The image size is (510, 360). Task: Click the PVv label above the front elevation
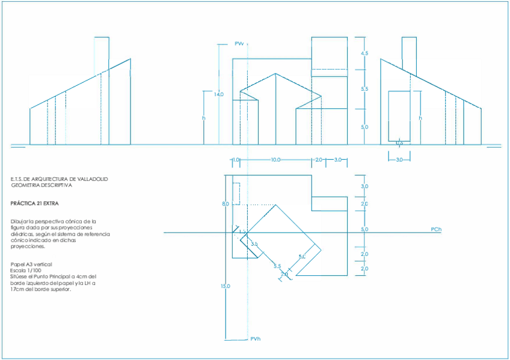coord(239,44)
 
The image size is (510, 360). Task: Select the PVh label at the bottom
coord(256,340)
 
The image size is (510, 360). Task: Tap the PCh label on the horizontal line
coord(436,230)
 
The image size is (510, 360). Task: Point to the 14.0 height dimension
coord(218,94)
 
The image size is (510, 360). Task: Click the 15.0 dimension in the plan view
coord(225,286)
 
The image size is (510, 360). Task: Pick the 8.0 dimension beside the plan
coord(225,204)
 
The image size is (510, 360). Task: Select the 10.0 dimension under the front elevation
coord(275,160)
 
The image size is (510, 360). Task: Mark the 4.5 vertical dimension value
coord(364,54)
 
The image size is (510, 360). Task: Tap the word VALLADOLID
coord(92,179)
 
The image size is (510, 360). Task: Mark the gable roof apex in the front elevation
coord(275,74)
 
